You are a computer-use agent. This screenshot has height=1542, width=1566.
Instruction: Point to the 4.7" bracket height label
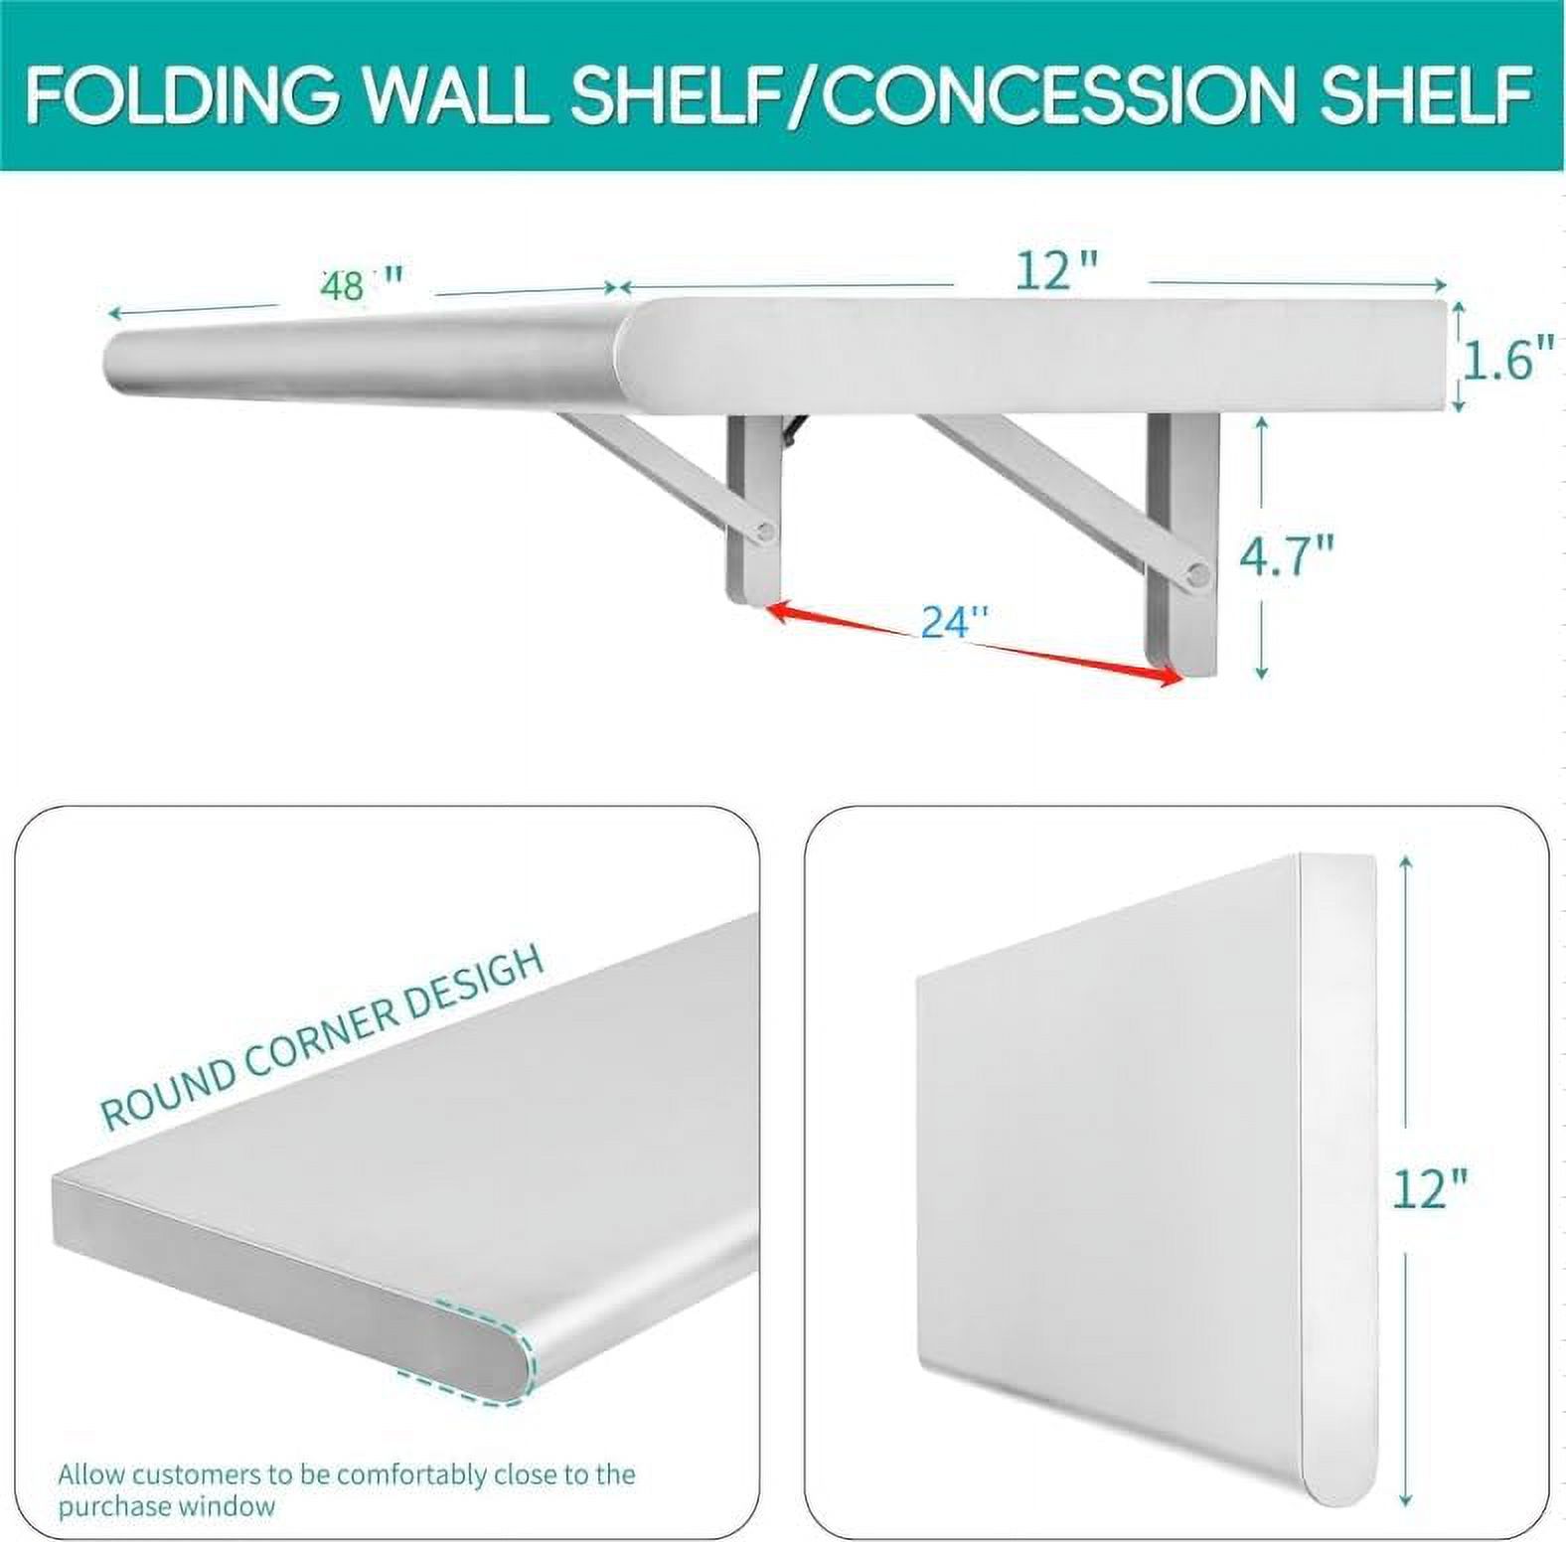coord(1287,557)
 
